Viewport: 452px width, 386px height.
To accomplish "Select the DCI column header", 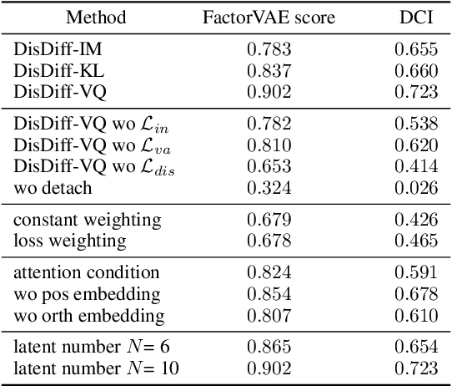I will [x=415, y=17].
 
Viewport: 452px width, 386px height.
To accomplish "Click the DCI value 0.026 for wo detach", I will [x=415, y=188].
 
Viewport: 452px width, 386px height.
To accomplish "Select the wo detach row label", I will [x=53, y=188].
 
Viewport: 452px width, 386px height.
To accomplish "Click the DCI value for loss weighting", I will [x=415, y=241].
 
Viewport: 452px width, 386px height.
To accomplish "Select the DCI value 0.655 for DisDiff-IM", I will [x=415, y=49].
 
